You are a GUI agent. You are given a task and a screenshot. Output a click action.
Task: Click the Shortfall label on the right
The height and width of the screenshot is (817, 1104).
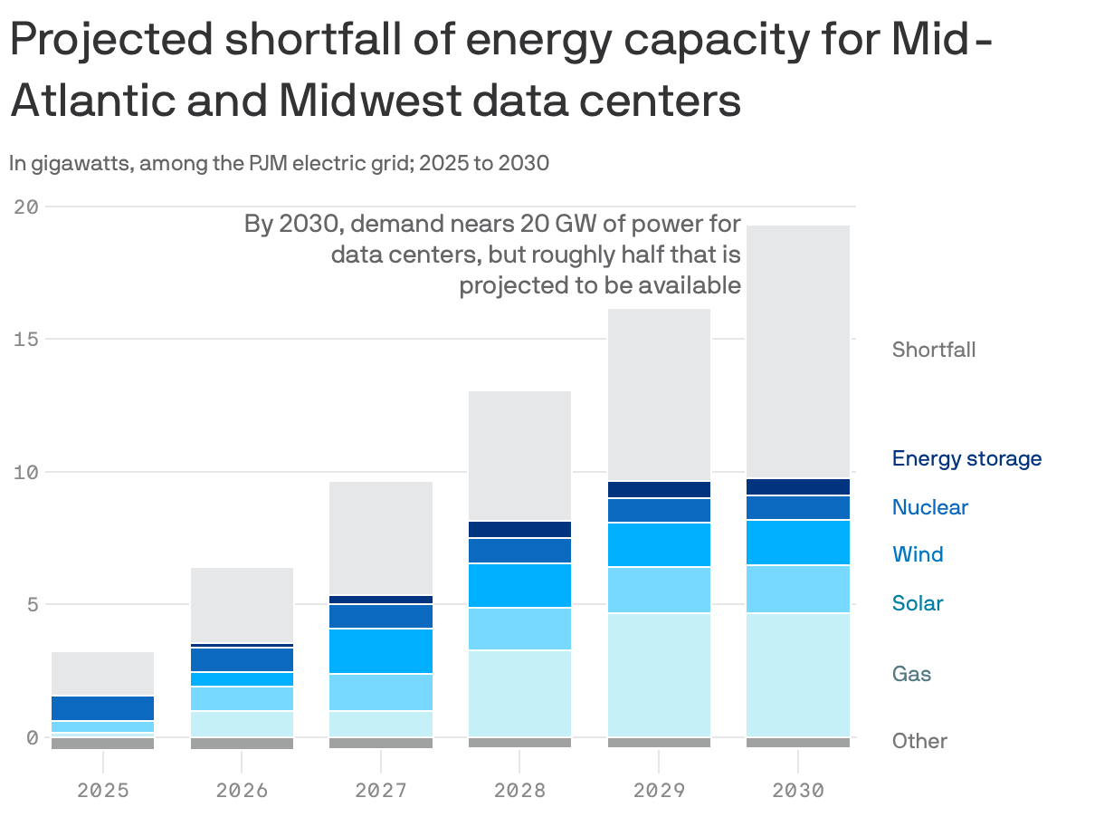point(933,350)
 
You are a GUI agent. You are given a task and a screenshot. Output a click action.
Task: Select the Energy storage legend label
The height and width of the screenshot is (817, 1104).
point(966,458)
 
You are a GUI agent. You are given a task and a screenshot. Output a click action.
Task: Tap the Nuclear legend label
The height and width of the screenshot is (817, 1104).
point(929,507)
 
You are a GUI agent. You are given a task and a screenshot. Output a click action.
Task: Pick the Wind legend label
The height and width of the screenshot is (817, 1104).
point(917,554)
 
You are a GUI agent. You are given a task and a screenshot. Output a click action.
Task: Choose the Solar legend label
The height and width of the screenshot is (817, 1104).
point(917,603)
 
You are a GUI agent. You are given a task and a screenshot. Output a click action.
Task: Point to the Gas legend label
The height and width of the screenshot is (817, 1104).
point(911,674)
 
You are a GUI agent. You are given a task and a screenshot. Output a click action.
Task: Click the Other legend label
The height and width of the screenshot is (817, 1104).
point(918,741)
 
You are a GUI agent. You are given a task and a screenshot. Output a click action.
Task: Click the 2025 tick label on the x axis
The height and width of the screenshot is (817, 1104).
point(103,791)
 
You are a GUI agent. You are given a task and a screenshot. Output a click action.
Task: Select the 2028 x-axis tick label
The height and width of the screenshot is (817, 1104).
point(519,791)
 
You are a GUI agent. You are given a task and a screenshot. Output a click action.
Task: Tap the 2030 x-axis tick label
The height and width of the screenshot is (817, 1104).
point(797,791)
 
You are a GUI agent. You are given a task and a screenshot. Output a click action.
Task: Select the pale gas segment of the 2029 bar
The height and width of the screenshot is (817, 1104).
point(658,675)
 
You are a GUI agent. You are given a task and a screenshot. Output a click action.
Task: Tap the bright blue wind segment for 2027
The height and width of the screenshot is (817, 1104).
point(381,650)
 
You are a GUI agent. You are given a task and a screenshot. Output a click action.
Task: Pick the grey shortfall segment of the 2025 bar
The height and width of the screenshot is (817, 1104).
point(103,673)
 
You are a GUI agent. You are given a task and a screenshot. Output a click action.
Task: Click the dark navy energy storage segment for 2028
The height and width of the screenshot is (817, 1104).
point(519,530)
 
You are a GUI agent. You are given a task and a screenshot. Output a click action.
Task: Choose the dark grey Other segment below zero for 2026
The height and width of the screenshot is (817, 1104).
point(242,744)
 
